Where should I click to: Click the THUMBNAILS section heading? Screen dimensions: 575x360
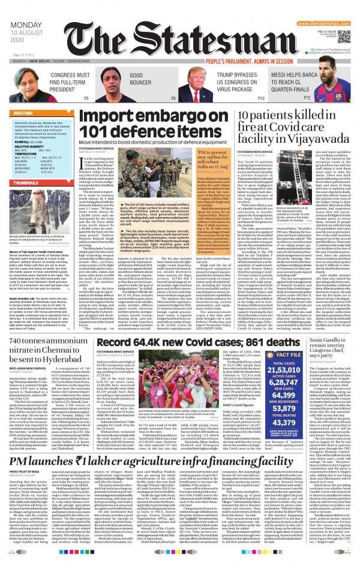28,198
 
